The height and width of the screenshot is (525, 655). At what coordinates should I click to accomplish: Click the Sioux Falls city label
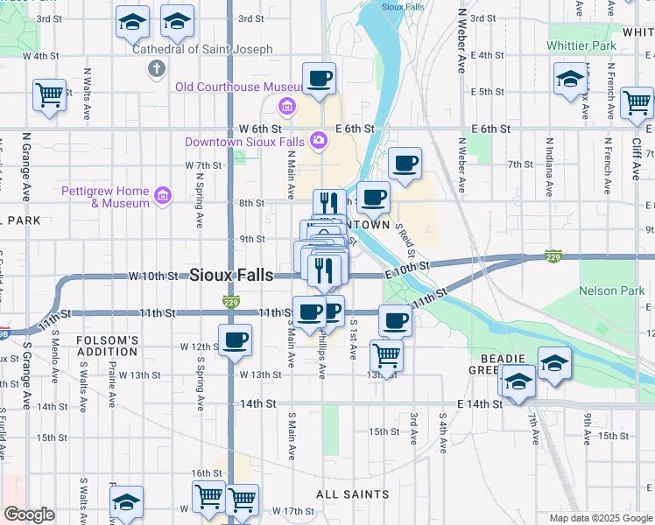[x=231, y=274]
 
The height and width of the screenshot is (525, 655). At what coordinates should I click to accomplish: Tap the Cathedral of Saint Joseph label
[x=202, y=49]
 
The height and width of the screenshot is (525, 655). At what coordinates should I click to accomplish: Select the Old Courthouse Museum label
[x=226, y=87]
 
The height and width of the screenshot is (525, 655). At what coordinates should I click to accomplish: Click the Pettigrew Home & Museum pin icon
[x=163, y=194]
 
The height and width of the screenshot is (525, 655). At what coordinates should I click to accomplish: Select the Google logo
[x=29, y=514]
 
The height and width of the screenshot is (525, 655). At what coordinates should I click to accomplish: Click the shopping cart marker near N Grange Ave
[x=49, y=95]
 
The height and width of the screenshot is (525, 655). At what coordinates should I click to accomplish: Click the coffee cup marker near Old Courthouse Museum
[x=319, y=79]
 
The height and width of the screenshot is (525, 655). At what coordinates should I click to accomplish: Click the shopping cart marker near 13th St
[x=387, y=355]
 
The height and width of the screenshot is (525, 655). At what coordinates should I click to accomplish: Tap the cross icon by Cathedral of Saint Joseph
[x=157, y=68]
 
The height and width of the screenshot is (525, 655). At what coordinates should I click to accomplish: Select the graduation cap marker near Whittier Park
[x=569, y=79]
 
